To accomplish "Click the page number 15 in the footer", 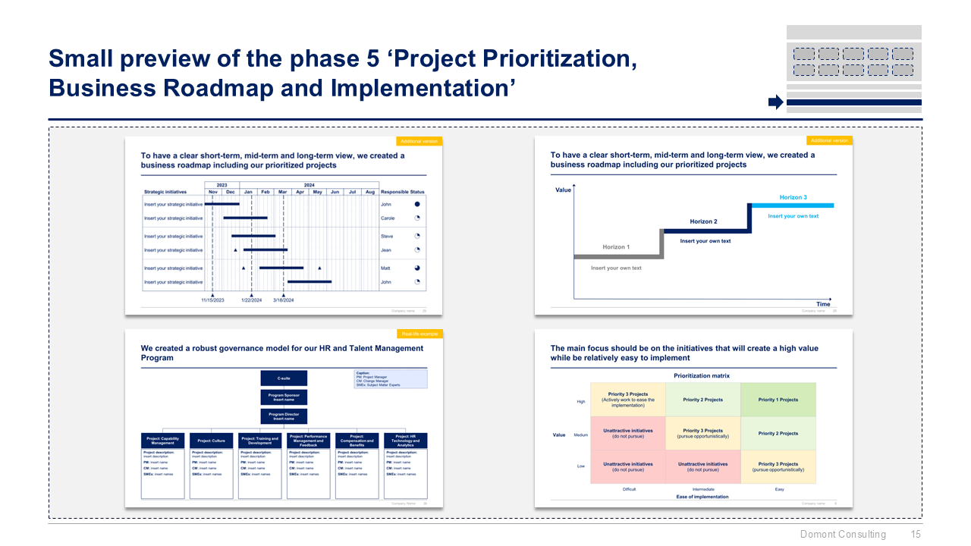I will click(x=916, y=535).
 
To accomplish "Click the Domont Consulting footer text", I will click(x=843, y=535).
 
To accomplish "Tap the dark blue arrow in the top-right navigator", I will click(x=775, y=102).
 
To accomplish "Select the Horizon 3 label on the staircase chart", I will click(x=793, y=197).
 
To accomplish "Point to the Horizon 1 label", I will click(x=616, y=247).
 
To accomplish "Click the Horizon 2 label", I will click(x=702, y=221).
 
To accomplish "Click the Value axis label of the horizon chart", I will click(x=563, y=190).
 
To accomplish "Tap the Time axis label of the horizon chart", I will click(x=823, y=304).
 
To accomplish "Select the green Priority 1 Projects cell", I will click(x=778, y=400).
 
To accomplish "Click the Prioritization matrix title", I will click(x=702, y=376).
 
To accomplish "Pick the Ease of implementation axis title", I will click(x=702, y=497).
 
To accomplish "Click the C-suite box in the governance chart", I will click(x=284, y=378).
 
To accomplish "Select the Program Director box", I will click(x=284, y=416).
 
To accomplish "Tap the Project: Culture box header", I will click(x=211, y=441).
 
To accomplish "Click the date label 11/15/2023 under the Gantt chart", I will click(x=212, y=300).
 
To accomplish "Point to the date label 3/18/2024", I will click(x=284, y=300).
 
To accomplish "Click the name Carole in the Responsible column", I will click(x=388, y=218).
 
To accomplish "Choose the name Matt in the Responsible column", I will click(x=385, y=268).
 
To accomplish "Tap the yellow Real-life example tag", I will click(x=419, y=334).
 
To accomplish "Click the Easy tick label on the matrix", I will click(x=779, y=489).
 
